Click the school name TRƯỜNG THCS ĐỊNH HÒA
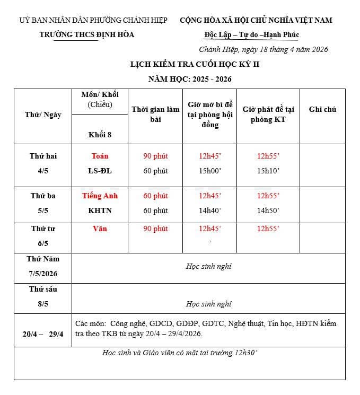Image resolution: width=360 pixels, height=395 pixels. click(x=87, y=34)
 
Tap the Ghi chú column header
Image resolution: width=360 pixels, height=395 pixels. click(x=322, y=109)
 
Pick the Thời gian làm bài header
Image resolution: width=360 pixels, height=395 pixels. click(x=155, y=114)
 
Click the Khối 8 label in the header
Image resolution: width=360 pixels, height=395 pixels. click(x=100, y=134)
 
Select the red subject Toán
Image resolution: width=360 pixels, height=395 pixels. click(x=100, y=156)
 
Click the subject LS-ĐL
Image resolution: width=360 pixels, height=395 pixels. click(x=100, y=171)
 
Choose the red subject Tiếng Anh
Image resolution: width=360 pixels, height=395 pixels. click(x=100, y=196)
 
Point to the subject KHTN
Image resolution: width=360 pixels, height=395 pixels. click(x=100, y=210)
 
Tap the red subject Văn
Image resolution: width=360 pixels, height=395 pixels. click(x=100, y=229)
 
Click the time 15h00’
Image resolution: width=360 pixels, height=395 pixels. click(x=209, y=171)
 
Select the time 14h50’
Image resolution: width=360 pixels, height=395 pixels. click(x=268, y=210)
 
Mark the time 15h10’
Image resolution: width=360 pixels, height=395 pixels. click(x=268, y=171)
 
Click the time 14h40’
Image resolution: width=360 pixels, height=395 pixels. click(x=209, y=210)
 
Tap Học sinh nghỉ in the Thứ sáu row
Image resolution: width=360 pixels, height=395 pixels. click(x=208, y=304)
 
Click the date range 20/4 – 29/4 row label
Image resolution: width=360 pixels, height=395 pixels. click(x=43, y=334)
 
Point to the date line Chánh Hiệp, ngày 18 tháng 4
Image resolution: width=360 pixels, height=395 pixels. click(x=264, y=49)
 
